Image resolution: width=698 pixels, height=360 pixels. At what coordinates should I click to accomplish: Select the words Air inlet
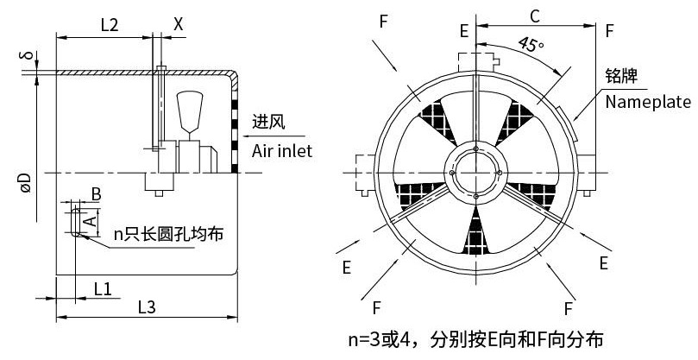point(282,151)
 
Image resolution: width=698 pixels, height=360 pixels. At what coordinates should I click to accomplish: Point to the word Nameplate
point(648,103)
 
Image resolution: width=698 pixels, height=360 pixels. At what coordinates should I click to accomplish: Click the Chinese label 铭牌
point(621,77)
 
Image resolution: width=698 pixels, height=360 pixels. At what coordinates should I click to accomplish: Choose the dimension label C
point(535,16)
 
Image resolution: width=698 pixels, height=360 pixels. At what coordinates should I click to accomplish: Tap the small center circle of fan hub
point(475,175)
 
